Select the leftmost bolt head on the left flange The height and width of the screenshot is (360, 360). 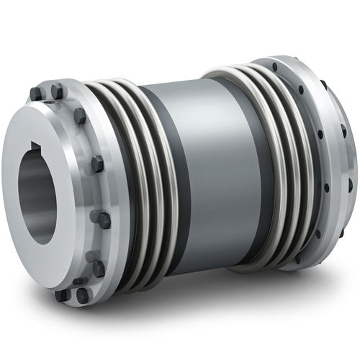point(35,94)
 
